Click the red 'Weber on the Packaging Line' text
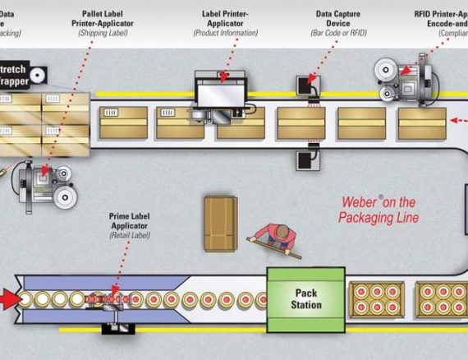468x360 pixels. tap(379, 210)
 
